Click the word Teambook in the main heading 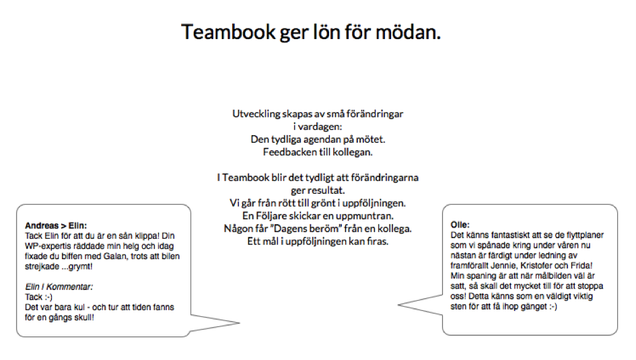click(x=228, y=32)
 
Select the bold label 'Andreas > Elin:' click(x=56, y=225)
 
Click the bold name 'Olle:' click(x=460, y=225)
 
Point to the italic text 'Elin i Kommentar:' click(x=59, y=287)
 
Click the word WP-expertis click(x=48, y=246)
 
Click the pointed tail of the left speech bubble click(x=240, y=323)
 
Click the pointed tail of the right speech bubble click(x=398, y=305)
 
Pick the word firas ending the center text click(x=378, y=241)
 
